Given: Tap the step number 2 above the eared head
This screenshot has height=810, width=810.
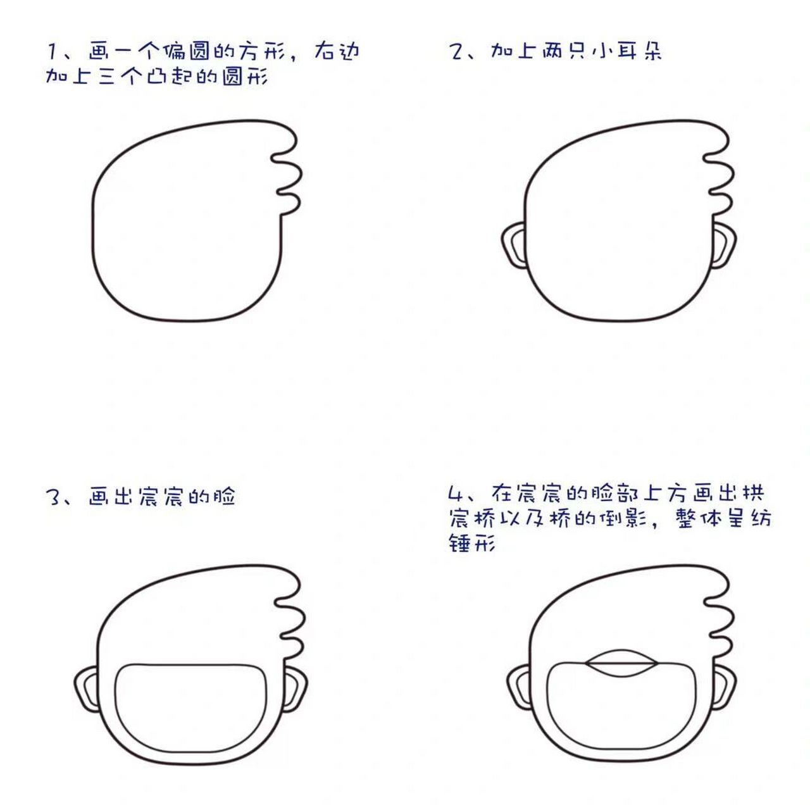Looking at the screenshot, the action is [456, 51].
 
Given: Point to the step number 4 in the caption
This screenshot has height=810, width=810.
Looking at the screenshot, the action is [455, 494].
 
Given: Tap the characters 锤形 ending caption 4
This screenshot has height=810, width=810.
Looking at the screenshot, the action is [471, 543].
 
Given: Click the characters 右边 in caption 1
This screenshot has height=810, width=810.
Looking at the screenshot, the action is [336, 51].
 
